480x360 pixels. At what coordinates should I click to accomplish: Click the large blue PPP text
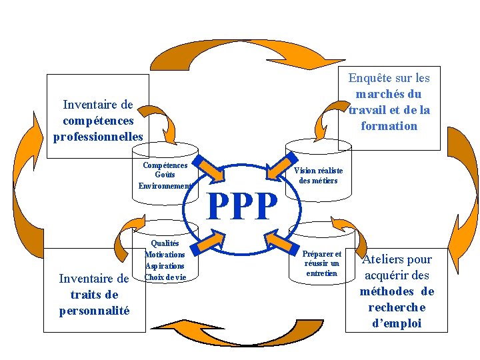241,207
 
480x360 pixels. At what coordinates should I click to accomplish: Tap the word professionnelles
98,137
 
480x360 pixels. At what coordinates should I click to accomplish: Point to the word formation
389,126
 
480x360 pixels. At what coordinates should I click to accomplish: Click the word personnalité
94,311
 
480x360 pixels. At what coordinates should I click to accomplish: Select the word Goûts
165,175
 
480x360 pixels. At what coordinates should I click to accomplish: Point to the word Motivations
165,254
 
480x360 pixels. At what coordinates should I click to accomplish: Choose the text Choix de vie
165,277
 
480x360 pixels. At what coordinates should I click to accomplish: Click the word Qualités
164,244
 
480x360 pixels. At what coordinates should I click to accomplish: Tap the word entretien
323,273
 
